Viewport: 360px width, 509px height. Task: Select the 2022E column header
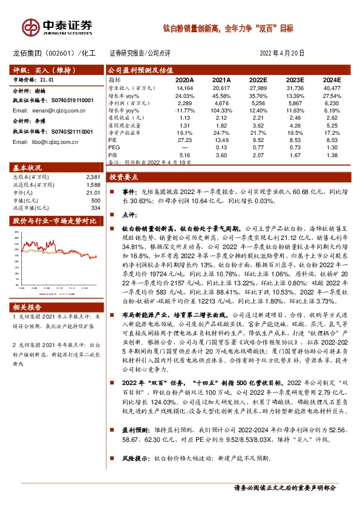click(258, 79)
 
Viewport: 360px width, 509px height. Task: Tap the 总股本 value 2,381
click(92, 177)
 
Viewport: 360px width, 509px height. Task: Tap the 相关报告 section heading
click(28, 306)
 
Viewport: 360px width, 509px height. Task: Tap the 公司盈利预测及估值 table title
click(138, 70)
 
